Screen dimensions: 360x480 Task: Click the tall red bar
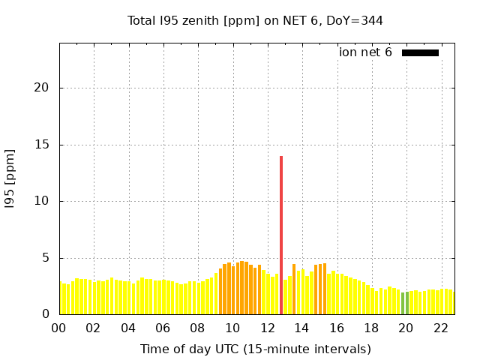point(281,235)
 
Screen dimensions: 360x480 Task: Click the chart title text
point(255,21)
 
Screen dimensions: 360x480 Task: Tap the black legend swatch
point(420,52)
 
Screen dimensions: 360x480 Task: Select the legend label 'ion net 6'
point(365,52)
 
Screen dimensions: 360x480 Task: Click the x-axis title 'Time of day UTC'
point(255,349)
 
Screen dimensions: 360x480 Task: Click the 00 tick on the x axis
point(58,328)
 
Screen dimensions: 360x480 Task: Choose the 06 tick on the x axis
point(163,328)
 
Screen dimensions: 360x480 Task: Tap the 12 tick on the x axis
point(267,328)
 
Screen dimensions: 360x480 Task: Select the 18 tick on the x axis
point(371,328)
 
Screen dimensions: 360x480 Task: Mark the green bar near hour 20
point(405,303)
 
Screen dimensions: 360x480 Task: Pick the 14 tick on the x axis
point(301,328)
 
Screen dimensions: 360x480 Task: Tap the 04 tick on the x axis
point(128,328)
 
